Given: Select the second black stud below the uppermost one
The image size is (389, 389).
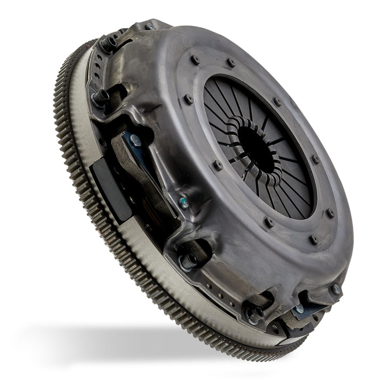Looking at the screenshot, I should tap(99, 97).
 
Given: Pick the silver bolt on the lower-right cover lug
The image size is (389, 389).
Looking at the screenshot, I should tap(336, 289).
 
